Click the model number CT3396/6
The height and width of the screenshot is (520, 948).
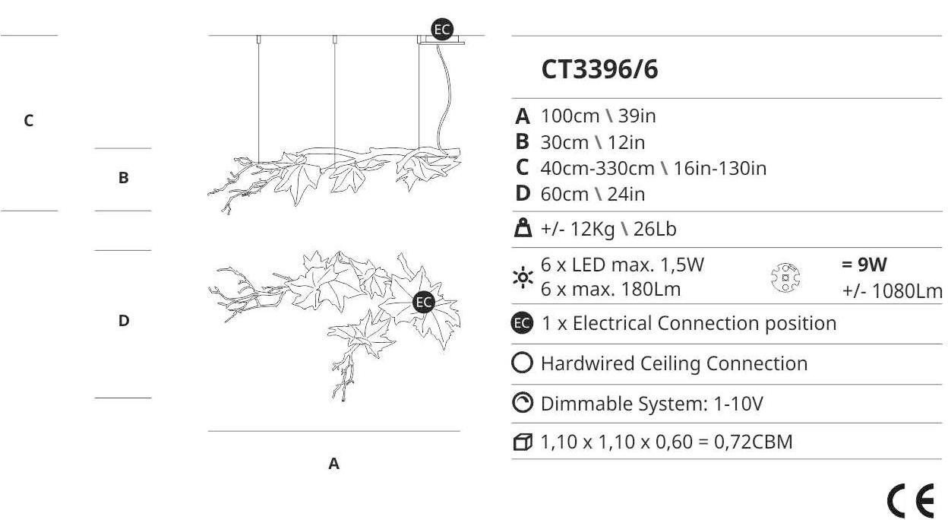click(599, 69)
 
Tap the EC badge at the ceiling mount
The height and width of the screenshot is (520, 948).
click(442, 30)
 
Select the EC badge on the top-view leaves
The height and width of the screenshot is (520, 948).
click(424, 302)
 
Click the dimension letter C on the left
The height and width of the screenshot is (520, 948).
click(28, 121)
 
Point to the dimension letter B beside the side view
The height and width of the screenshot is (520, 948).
click(123, 178)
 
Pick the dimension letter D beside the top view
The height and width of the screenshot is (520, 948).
click(124, 321)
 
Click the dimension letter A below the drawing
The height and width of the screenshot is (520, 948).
click(333, 464)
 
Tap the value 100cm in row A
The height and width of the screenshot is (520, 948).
click(570, 116)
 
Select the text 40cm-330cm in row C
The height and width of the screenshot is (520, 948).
click(598, 168)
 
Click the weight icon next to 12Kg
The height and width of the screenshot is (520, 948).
click(523, 228)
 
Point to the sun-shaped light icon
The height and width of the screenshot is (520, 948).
click(523, 277)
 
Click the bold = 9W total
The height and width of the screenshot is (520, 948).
click(864, 265)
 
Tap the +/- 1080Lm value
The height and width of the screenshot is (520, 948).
click(892, 291)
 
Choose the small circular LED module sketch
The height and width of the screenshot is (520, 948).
click(785, 277)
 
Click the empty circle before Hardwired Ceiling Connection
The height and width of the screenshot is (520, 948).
click(523, 363)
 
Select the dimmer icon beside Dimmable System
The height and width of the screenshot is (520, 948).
click(523, 403)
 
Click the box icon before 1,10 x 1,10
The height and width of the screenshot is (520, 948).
click(523, 442)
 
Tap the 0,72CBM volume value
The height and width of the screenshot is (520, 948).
click(754, 442)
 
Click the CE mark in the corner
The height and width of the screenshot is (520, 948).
click(911, 501)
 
